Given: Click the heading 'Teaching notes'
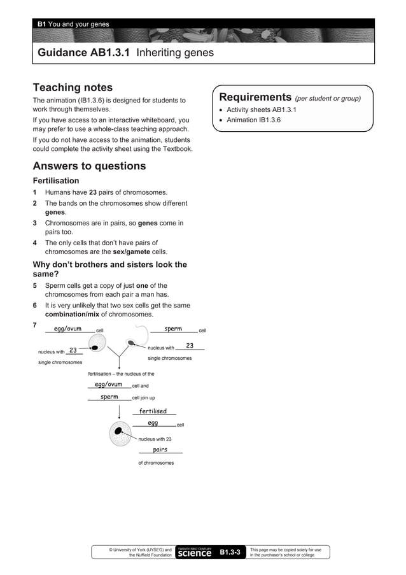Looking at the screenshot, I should (x=73, y=87).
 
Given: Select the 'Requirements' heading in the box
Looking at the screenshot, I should (x=255, y=97).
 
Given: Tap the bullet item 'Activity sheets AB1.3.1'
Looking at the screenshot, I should (x=262, y=110).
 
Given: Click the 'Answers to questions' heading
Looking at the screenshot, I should (x=89, y=166).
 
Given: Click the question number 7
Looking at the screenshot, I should (x=35, y=325).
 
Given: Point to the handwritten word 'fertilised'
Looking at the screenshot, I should (x=153, y=411).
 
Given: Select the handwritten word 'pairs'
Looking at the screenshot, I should (x=160, y=450).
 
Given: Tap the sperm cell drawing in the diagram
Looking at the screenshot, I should (x=132, y=342).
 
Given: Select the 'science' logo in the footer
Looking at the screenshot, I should (x=194, y=553).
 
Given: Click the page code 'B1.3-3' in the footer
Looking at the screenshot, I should (x=230, y=552).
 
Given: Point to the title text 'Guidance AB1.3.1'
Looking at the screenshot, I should (x=85, y=53).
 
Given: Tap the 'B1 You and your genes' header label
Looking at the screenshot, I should (x=73, y=24).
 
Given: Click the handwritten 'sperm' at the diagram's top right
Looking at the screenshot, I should (x=173, y=329).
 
